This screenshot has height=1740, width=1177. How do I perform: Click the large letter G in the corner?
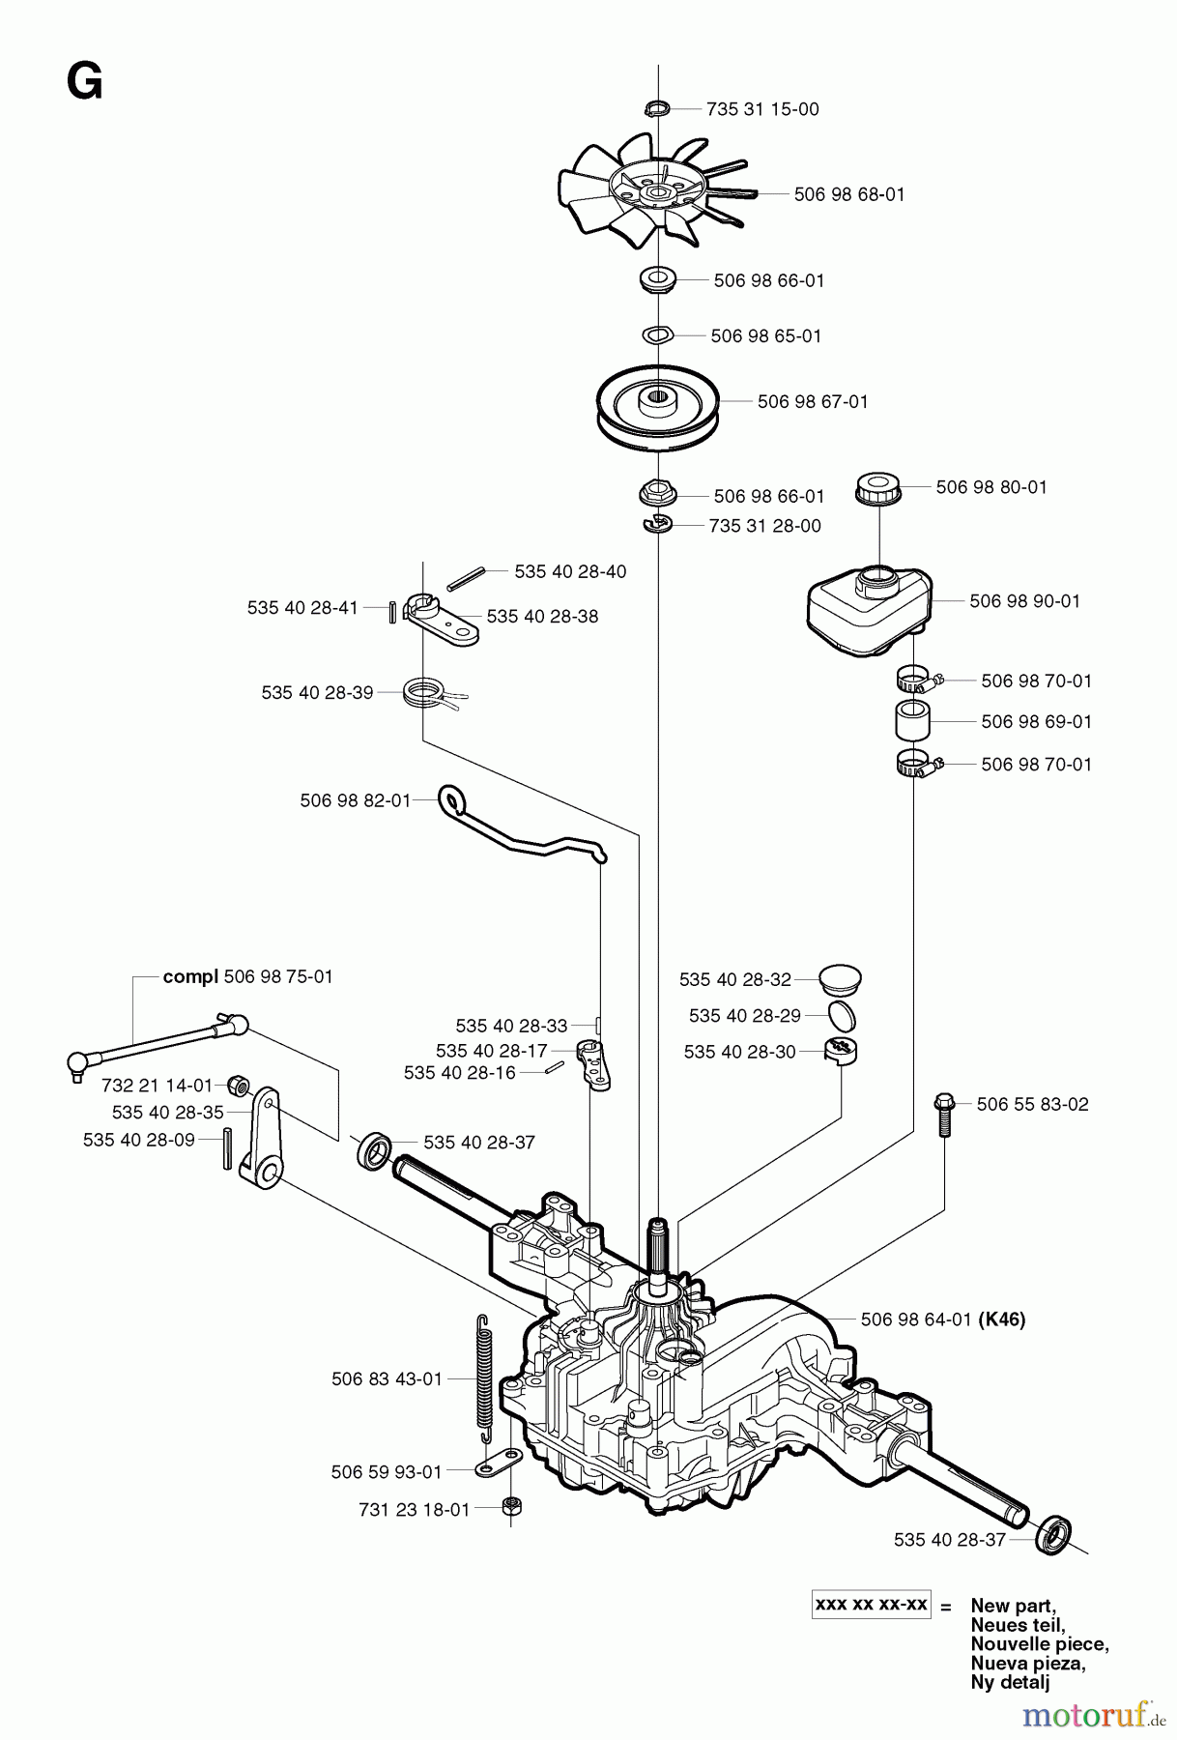(x=85, y=83)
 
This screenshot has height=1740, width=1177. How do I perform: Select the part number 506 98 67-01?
(x=813, y=401)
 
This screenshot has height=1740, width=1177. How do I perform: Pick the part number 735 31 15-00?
(x=762, y=109)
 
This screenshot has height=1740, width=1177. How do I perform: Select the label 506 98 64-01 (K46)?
(x=942, y=1319)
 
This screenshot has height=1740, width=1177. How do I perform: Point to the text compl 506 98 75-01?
(x=247, y=976)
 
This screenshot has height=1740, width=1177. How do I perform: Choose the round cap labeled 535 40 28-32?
(x=837, y=979)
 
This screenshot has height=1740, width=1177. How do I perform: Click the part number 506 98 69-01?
(x=1036, y=722)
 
